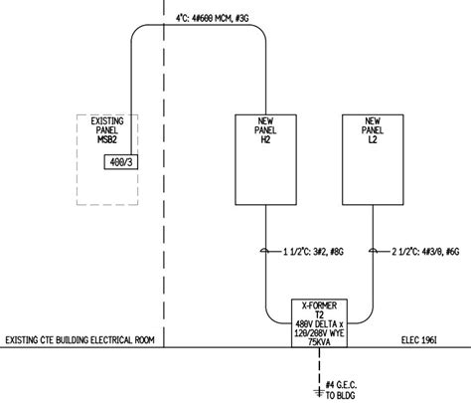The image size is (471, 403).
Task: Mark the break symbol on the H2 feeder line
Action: point(264,251)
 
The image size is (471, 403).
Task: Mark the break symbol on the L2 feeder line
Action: point(372,251)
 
